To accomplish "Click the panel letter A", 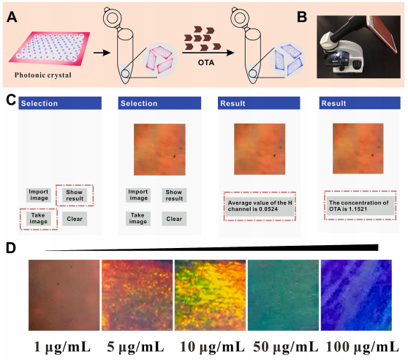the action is [12, 18].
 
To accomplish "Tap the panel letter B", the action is [302, 17].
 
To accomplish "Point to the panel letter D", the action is [11, 248].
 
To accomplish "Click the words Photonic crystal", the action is [43, 75].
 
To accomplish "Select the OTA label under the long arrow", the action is [206, 63].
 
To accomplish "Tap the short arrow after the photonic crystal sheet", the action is [102, 53].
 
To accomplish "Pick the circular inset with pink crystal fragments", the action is [160, 60].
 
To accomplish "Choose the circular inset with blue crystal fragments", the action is [287, 59].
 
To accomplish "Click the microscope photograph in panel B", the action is [358, 47].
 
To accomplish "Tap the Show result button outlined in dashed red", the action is [75, 195].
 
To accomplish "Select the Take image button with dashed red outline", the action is [38, 218].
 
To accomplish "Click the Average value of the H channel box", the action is [260, 206].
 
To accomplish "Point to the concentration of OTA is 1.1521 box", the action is [360, 206].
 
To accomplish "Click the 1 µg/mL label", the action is [62, 347].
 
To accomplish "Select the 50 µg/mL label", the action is [286, 347].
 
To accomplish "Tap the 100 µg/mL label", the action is [363, 347].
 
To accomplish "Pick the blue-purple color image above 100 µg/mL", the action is [356, 295].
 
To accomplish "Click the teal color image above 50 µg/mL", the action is [283, 295].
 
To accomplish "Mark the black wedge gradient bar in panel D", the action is [211, 249].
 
